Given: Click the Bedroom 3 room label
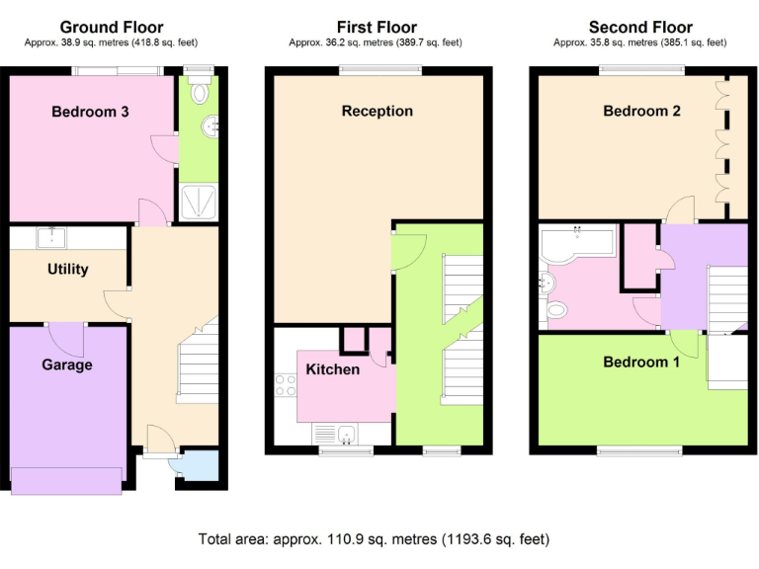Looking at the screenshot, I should pyautogui.click(x=90, y=112).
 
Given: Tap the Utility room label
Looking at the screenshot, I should pyautogui.click(x=68, y=269).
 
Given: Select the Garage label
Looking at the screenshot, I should pyautogui.click(x=66, y=365).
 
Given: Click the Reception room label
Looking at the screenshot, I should pyautogui.click(x=377, y=111).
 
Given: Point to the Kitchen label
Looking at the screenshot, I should pyautogui.click(x=332, y=369).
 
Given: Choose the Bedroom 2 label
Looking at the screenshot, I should pyautogui.click(x=641, y=111).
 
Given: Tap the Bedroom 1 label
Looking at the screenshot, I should pyautogui.click(x=641, y=362).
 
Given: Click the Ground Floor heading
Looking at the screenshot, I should pyautogui.click(x=112, y=27).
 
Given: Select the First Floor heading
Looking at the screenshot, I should pyautogui.click(x=377, y=27).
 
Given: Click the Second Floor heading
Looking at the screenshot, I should pyautogui.click(x=640, y=27).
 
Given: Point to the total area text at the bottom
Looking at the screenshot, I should pyautogui.click(x=374, y=539).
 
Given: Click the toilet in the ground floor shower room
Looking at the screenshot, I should pyautogui.click(x=201, y=92).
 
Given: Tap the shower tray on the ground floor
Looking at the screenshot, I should pyautogui.click(x=202, y=201).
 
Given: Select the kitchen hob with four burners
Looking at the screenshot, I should pyautogui.click(x=285, y=384).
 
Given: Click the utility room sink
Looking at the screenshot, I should pyautogui.click(x=50, y=237).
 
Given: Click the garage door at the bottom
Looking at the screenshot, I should pyautogui.click(x=66, y=480).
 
